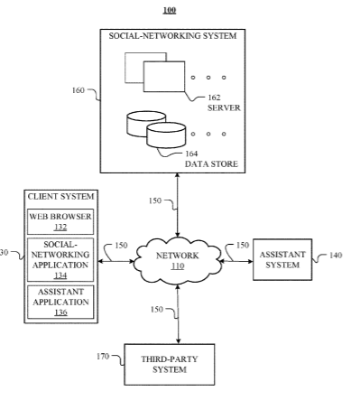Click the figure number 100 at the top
pos(170,10)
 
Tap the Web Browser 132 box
pos(60,221)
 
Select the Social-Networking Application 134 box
pos(60,260)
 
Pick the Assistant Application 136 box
pos(60,302)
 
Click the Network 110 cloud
pos(178,261)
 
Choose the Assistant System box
pos(282,259)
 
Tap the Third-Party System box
pos(170,364)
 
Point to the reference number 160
pos(78,90)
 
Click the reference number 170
pos(103,357)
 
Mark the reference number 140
pos(336,256)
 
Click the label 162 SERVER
pos(224,103)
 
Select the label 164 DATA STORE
pos(211,159)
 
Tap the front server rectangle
pos(164,77)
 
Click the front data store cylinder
pos(166,135)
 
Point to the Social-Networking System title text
pos(172,36)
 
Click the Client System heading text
pos(60,197)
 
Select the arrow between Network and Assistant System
pos(236,261)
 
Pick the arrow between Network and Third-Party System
pos(178,314)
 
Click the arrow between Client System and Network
pos(115,261)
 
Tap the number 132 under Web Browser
pos(60,227)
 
